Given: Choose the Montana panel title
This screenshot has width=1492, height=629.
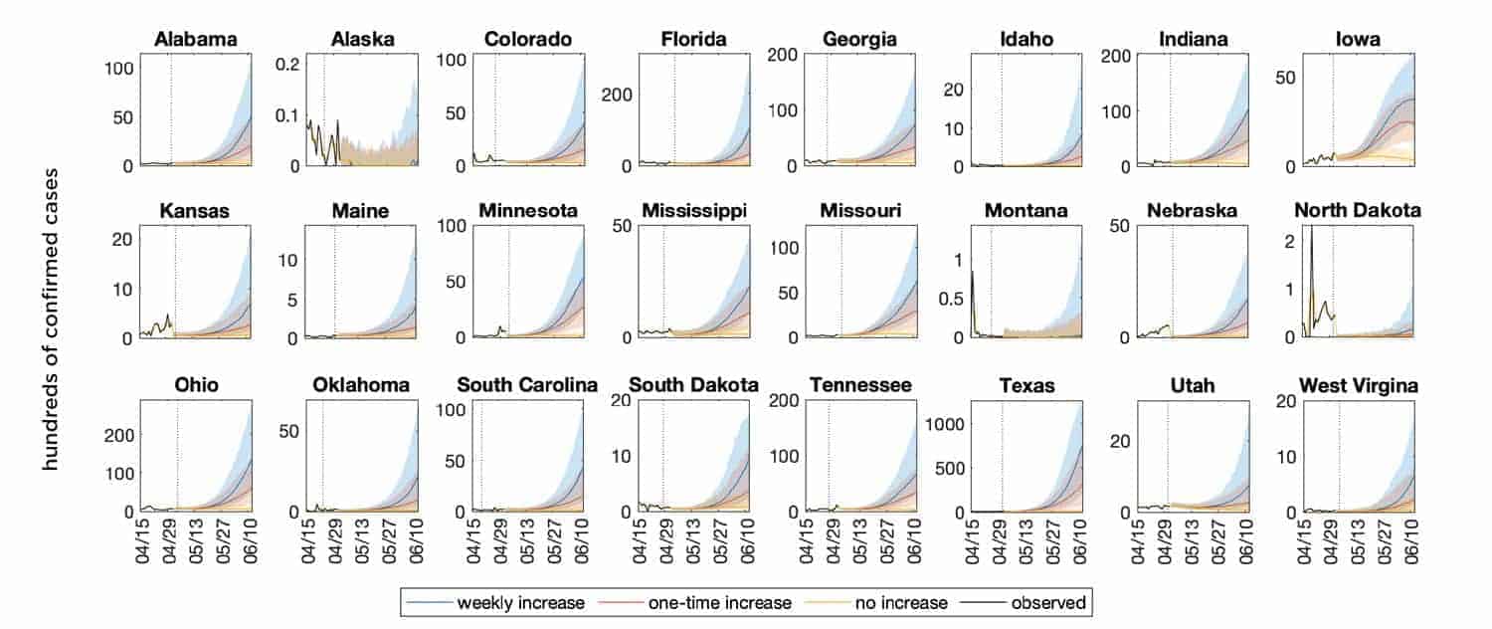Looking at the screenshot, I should click(1026, 211).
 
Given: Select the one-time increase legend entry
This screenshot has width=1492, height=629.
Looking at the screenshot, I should click(710, 601).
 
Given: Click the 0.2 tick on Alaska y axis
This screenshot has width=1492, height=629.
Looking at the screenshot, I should click(287, 64).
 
